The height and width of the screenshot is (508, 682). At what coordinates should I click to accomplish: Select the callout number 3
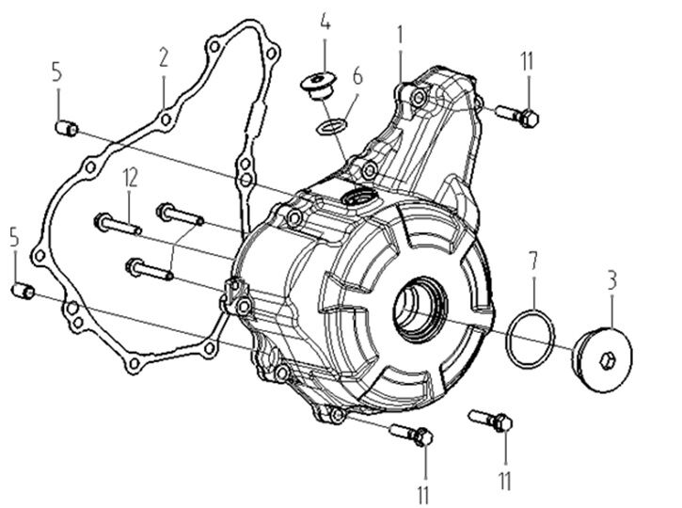click(611, 279)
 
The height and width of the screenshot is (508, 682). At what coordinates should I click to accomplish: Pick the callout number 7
click(531, 258)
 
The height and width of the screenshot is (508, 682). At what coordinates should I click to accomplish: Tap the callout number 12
click(129, 175)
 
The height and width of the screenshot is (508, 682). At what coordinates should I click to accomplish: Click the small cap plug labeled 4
click(320, 85)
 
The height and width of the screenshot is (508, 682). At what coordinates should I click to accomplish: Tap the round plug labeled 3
click(602, 354)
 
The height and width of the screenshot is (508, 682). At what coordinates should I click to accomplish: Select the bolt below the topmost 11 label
click(515, 115)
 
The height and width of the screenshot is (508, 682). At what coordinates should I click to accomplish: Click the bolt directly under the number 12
click(117, 225)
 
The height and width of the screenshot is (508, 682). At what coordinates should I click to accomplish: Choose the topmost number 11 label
click(526, 64)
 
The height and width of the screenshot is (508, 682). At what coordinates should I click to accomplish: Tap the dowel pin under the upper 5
click(66, 127)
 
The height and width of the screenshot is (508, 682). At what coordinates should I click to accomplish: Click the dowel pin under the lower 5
click(23, 292)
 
